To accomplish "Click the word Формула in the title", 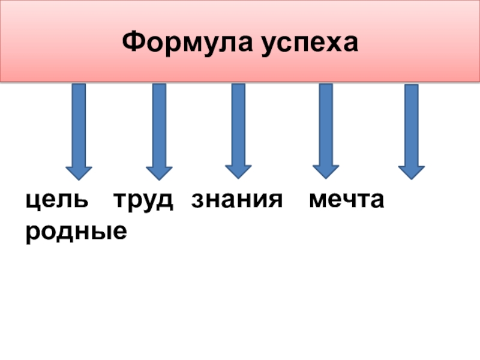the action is click(x=186, y=43).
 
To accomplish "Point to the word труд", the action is click(x=144, y=200).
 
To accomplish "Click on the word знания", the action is click(x=236, y=200).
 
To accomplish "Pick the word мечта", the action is click(x=346, y=200).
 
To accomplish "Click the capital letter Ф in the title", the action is click(x=133, y=42).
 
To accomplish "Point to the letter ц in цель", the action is click(x=32, y=201).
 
